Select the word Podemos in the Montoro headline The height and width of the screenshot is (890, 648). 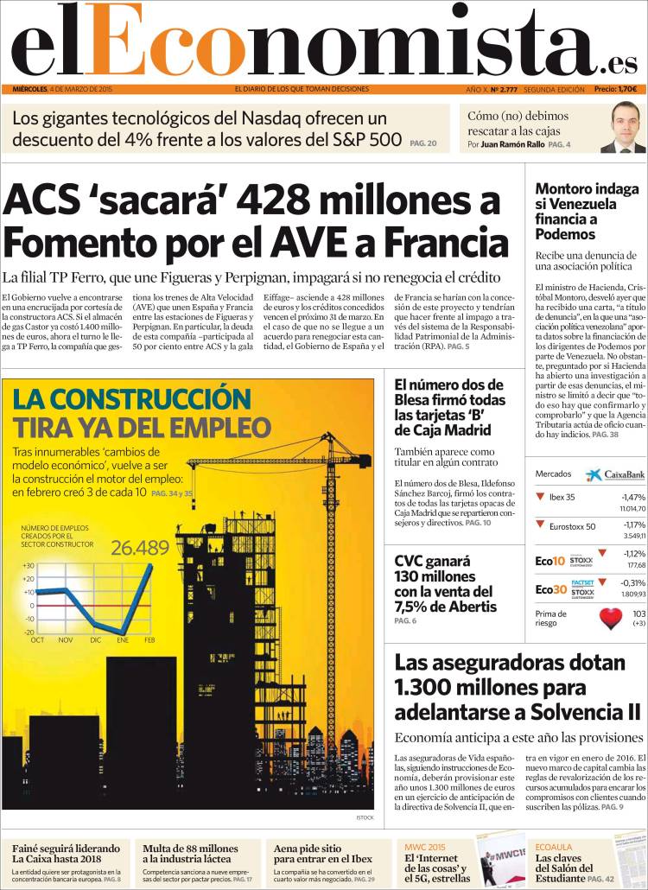pos(564,233)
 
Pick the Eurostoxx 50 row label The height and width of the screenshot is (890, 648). pos(572,526)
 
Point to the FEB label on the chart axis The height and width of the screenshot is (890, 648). pos(149,639)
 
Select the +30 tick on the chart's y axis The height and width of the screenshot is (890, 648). pos(29,565)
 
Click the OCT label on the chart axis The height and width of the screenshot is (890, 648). pos(38,639)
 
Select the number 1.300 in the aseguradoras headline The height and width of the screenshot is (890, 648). pos(429,688)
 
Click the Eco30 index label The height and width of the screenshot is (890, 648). pos(550,589)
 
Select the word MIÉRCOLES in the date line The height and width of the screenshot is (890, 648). pos(29,89)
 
